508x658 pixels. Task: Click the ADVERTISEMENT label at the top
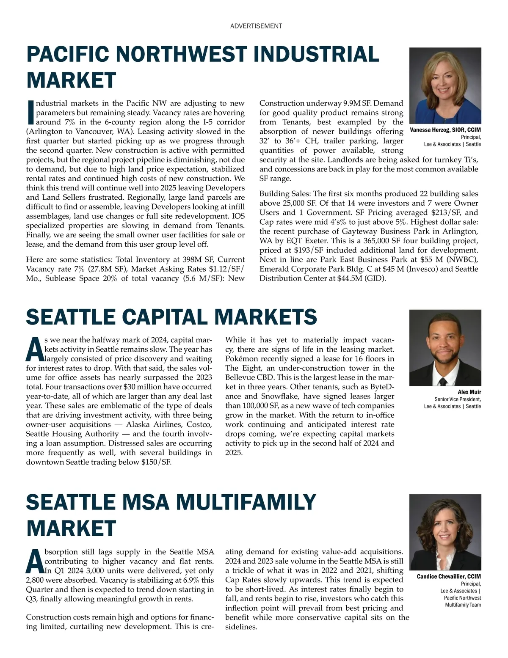pyautogui.click(x=256, y=26)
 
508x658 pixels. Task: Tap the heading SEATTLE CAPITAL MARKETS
pyautogui.click(x=171, y=317)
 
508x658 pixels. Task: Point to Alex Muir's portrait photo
pyautogui.click(x=445, y=347)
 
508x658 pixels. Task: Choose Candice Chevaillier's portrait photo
pyautogui.click(x=445, y=532)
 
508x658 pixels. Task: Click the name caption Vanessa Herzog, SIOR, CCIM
pyautogui.click(x=445, y=130)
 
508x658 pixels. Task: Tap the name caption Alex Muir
pyautogui.click(x=469, y=392)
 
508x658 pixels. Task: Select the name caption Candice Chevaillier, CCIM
pyautogui.click(x=449, y=577)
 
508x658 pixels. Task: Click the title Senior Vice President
pyautogui.click(x=457, y=399)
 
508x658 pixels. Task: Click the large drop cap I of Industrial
pyautogui.click(x=30, y=113)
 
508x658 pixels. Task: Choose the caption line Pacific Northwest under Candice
pyautogui.click(x=462, y=598)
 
